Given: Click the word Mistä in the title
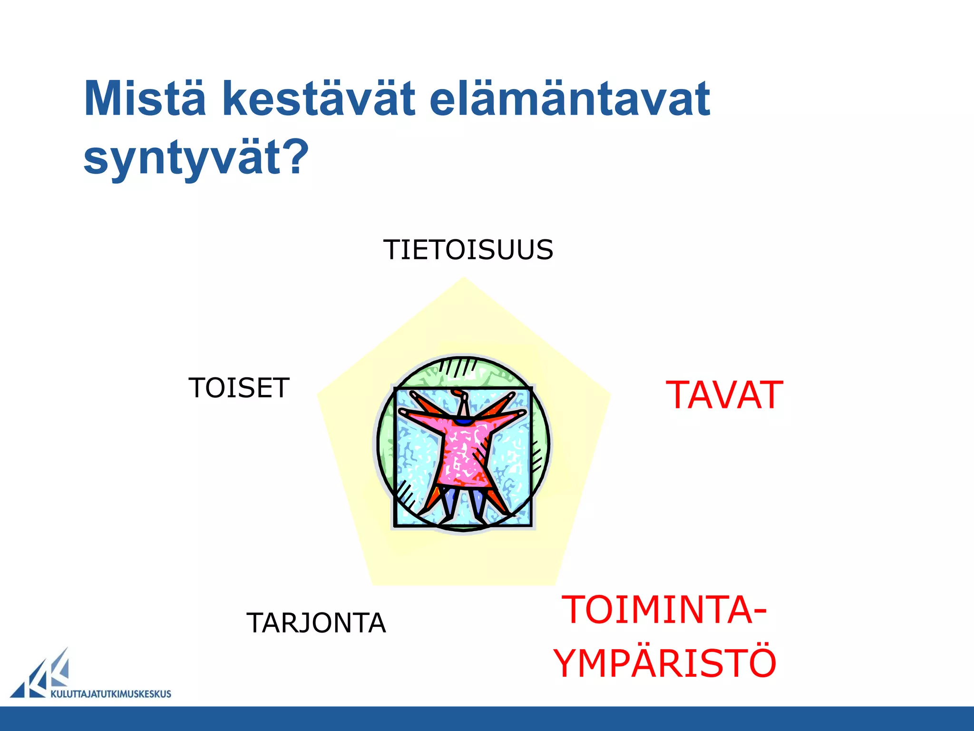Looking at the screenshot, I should point(145,99).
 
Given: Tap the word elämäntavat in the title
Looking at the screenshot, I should point(569,99).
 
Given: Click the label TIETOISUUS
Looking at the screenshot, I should point(468,250).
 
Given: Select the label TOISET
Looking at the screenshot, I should point(239,388).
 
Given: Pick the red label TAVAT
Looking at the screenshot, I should point(724,395).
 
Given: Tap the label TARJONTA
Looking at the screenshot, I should point(316,623).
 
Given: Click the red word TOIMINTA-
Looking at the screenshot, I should point(658,610).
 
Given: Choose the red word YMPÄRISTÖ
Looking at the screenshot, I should point(665,663).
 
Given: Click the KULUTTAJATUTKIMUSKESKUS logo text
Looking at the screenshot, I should point(110,694).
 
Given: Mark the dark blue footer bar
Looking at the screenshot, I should point(487,719).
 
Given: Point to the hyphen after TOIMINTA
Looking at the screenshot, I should point(759,611).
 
